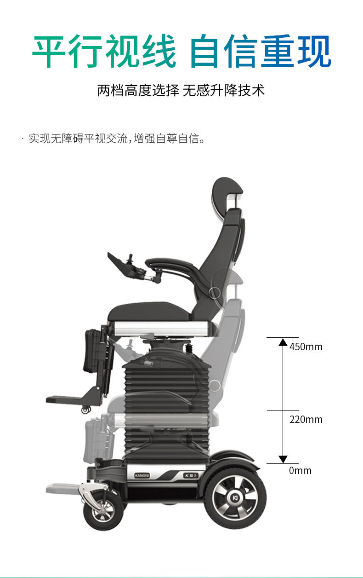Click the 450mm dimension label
(x=306, y=347)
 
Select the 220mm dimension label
(x=306, y=420)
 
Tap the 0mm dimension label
(x=300, y=471)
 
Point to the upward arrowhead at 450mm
(x=283, y=342)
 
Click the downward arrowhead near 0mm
(x=283, y=459)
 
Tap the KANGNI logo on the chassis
(x=142, y=475)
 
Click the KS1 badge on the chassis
(x=191, y=475)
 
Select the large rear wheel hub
(x=235, y=498)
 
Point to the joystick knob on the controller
(x=130, y=257)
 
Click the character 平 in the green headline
(x=49, y=51)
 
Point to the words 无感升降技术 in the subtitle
(x=224, y=91)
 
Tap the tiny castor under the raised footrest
(x=86, y=410)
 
